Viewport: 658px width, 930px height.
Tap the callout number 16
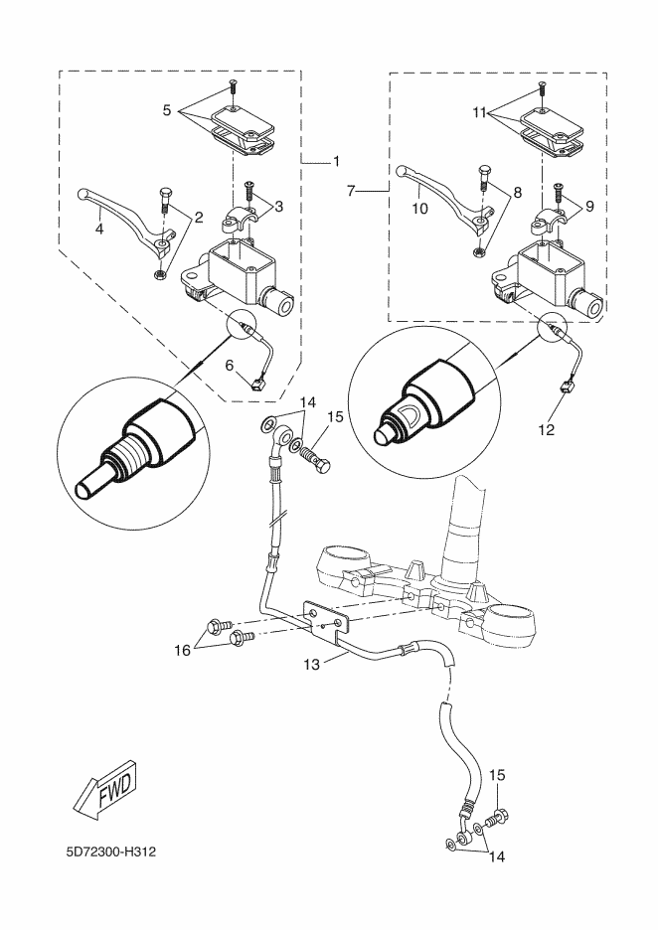182,650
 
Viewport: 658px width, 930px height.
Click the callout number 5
168,110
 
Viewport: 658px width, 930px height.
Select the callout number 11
479,114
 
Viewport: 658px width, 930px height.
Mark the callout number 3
279,206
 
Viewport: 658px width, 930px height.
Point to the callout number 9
589,206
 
